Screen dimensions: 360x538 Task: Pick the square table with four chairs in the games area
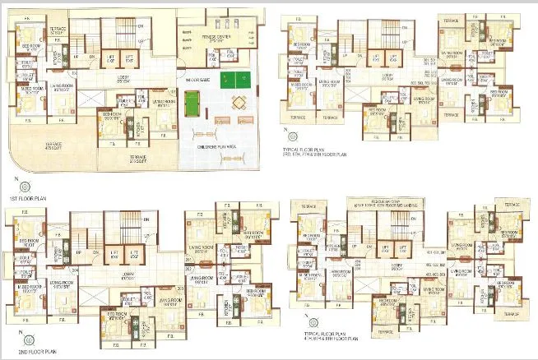[238, 104]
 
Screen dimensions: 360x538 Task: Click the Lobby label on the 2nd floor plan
[128, 275]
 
